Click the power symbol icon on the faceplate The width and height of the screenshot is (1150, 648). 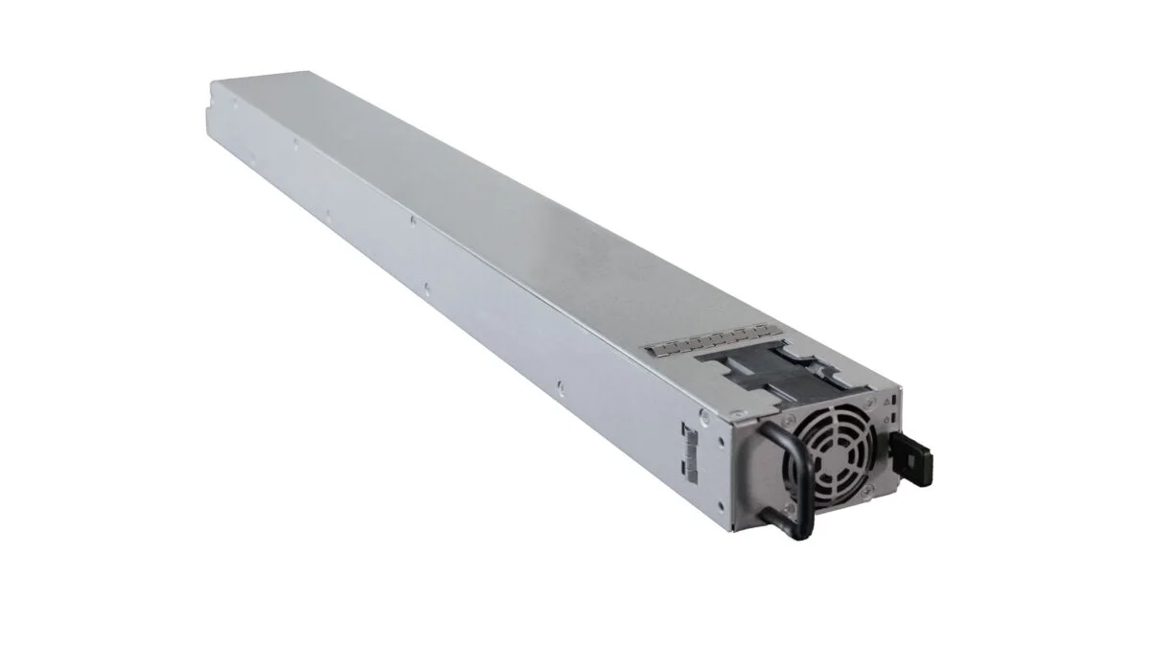click(886, 420)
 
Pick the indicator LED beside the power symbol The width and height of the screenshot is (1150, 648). click(893, 418)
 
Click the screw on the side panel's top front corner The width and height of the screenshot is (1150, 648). click(704, 415)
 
